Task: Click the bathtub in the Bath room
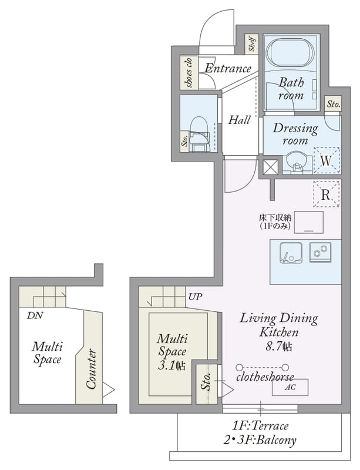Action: pyautogui.click(x=290, y=54)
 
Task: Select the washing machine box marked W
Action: pyautogui.click(x=326, y=160)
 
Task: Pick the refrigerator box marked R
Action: pyautogui.click(x=326, y=194)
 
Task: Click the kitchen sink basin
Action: pyautogui.click(x=291, y=253)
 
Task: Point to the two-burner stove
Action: pyautogui.click(x=320, y=252)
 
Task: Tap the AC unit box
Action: pyautogui.click(x=290, y=387)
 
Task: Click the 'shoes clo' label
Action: pyautogui.click(x=189, y=73)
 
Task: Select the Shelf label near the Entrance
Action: pyautogui.click(x=252, y=43)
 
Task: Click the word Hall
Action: pyautogui.click(x=239, y=120)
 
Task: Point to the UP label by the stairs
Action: pyautogui.click(x=195, y=297)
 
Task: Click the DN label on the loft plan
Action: pyautogui.click(x=35, y=315)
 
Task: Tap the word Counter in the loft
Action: pyautogui.click(x=91, y=369)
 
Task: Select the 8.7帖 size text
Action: pyautogui.click(x=279, y=347)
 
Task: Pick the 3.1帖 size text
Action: pyautogui.click(x=171, y=365)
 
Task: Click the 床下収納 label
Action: pyautogui.click(x=275, y=217)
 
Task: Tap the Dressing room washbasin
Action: pyautogui.click(x=295, y=163)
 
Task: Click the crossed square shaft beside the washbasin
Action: pyautogui.click(x=270, y=167)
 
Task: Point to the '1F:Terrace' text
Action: pyautogui.click(x=260, y=426)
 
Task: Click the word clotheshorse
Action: pyautogui.click(x=265, y=377)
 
